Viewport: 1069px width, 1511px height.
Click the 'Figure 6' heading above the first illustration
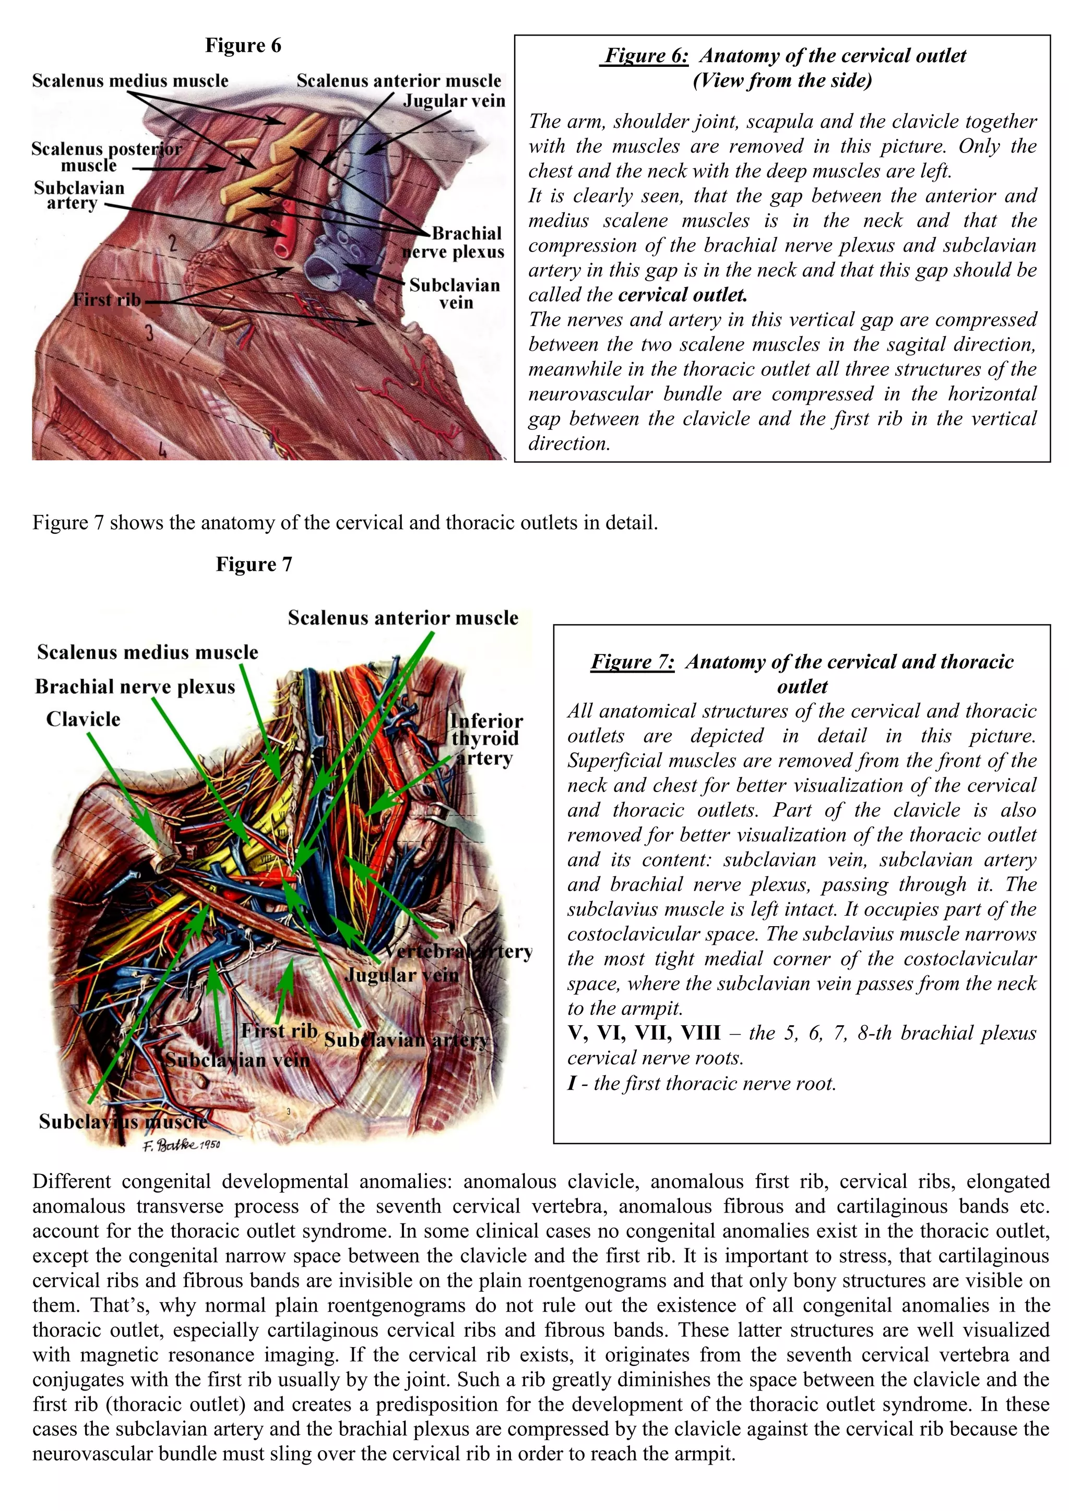(243, 45)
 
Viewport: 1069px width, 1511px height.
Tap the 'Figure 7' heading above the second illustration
(254, 564)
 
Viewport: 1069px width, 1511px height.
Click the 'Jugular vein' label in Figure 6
(454, 101)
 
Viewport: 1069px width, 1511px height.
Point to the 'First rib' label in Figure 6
(106, 300)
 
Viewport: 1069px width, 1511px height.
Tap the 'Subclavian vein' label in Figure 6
(454, 294)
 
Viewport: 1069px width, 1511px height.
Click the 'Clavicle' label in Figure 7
(83, 718)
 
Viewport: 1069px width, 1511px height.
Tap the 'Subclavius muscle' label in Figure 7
(123, 1121)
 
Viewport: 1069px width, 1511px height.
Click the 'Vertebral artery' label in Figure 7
(458, 952)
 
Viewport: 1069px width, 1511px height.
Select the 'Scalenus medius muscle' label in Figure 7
(147, 652)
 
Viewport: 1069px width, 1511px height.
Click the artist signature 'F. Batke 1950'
(182, 1146)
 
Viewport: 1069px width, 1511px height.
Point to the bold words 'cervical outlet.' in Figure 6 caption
(683, 295)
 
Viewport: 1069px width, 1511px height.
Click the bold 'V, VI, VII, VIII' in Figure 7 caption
(644, 1033)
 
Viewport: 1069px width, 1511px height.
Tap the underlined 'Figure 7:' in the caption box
(633, 662)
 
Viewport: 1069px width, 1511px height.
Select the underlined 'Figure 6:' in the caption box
(646, 55)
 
